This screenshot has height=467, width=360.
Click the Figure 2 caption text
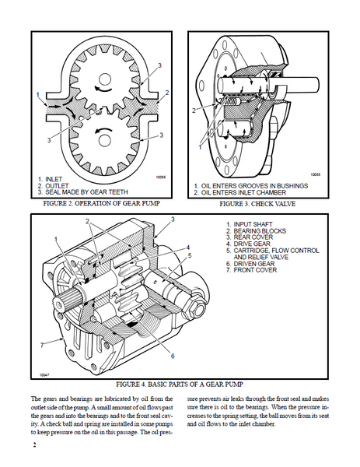tap(101, 203)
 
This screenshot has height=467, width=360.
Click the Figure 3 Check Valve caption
tap(257, 204)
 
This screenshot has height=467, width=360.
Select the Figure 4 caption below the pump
tap(180, 384)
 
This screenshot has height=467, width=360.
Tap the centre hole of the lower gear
tap(103, 141)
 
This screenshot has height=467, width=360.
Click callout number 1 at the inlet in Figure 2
tap(38, 95)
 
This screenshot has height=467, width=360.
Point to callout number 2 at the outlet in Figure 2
tap(167, 93)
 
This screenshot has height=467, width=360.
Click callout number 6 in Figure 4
tap(173, 356)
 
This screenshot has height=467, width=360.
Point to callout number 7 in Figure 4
tap(42, 345)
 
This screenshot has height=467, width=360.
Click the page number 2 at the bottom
tap(34, 445)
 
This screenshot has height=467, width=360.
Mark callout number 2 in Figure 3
tap(194, 111)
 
